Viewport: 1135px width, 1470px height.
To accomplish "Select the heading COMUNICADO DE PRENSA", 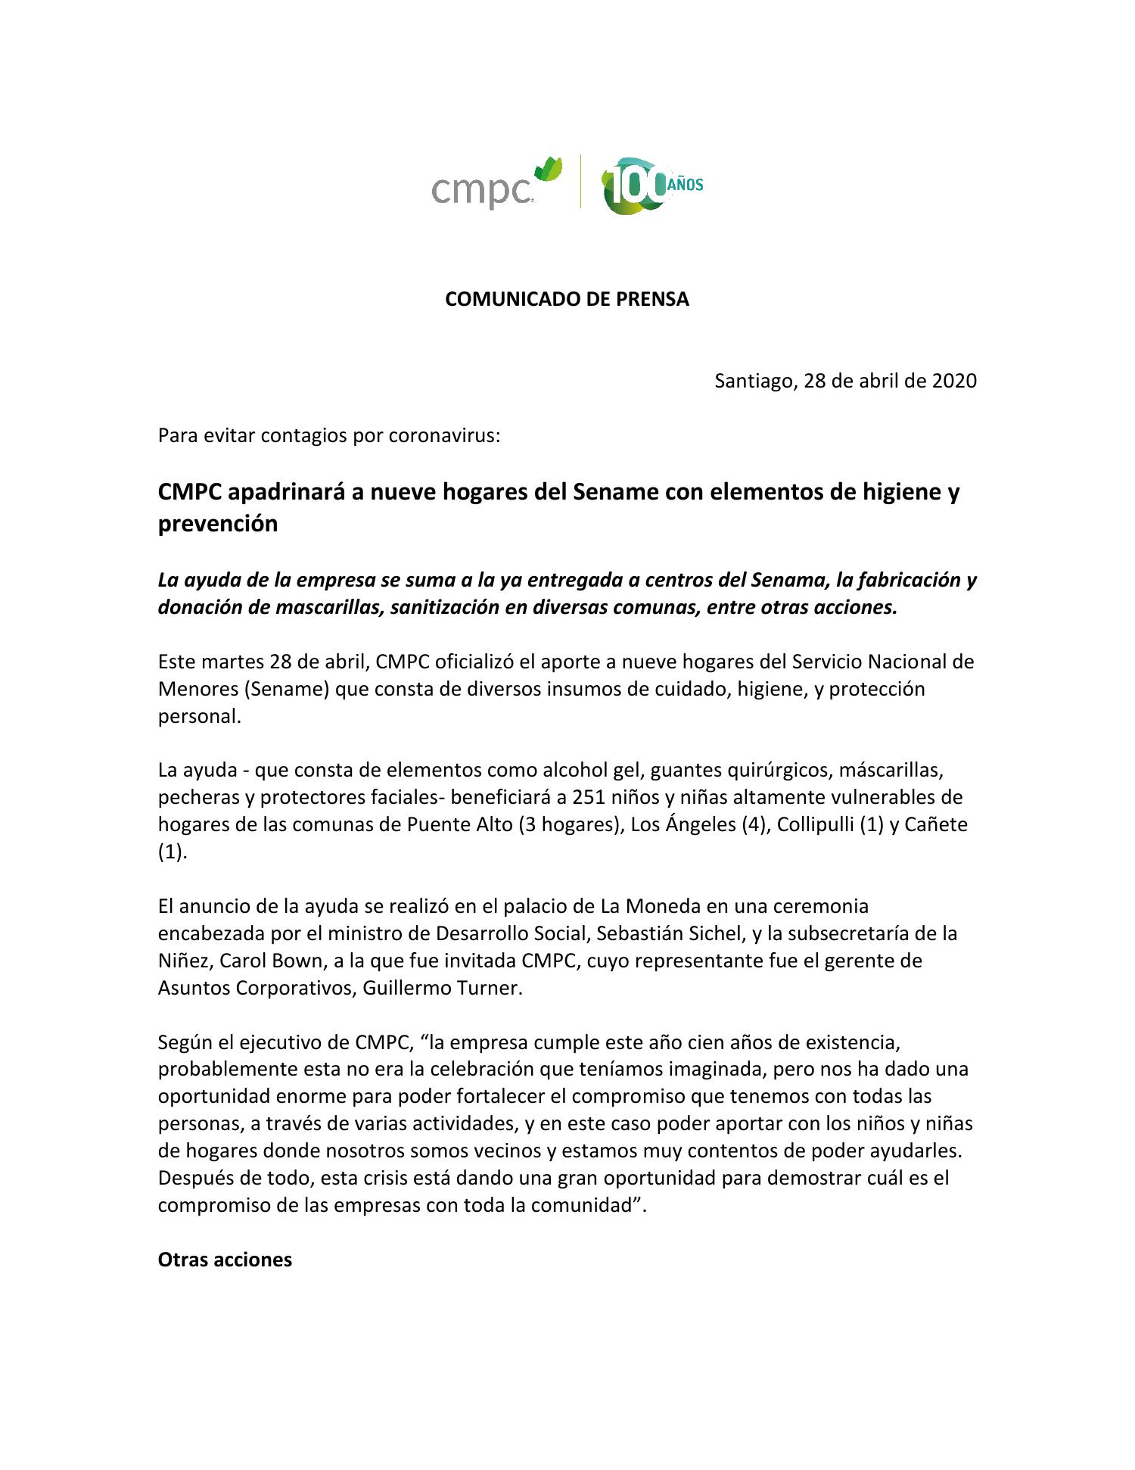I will click(x=567, y=299).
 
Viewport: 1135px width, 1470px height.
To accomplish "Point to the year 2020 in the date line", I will click(x=953, y=380).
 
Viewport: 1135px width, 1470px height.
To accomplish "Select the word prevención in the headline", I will click(x=217, y=524).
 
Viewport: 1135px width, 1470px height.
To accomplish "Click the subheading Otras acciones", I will click(x=225, y=1260).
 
